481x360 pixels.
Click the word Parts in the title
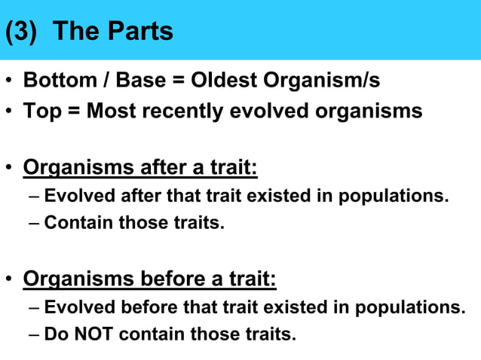[x=139, y=31]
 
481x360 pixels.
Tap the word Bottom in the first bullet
[x=57, y=80]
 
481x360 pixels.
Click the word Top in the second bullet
[x=40, y=111]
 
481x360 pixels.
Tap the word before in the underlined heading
[x=174, y=279]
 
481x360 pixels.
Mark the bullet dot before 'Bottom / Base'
[x=8, y=81]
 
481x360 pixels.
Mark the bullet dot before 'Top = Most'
[x=8, y=112]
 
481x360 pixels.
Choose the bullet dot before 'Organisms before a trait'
[x=8, y=280]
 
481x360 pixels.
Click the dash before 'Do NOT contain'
[x=37, y=334]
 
